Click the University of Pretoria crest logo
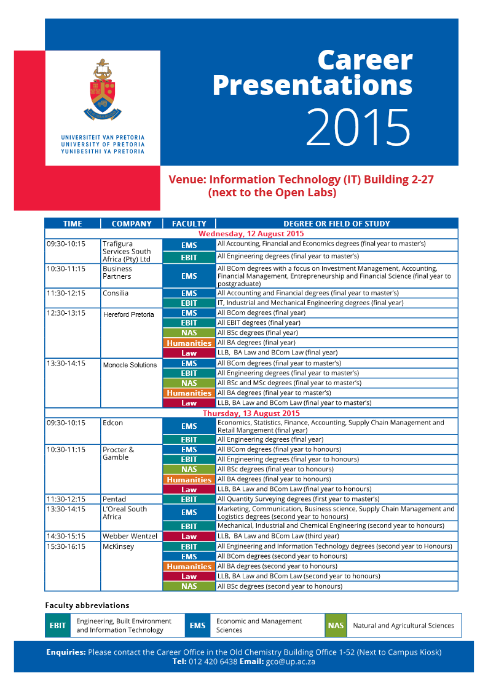(x=103, y=89)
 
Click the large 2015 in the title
(x=358, y=127)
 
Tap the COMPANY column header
(x=132, y=224)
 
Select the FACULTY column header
(x=189, y=224)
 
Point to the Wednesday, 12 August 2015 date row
(x=251, y=234)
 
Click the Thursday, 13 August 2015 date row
(x=251, y=413)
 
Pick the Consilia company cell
(x=116, y=294)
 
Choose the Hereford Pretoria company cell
(x=128, y=314)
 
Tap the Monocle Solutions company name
(x=130, y=365)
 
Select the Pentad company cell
(x=114, y=499)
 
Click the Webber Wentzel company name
(x=130, y=536)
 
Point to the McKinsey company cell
(x=118, y=546)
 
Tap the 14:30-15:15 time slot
(x=66, y=536)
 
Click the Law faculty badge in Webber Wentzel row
(x=189, y=537)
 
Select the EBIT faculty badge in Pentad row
(x=189, y=500)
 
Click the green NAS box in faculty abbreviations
(x=336, y=625)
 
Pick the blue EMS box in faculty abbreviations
(x=197, y=625)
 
